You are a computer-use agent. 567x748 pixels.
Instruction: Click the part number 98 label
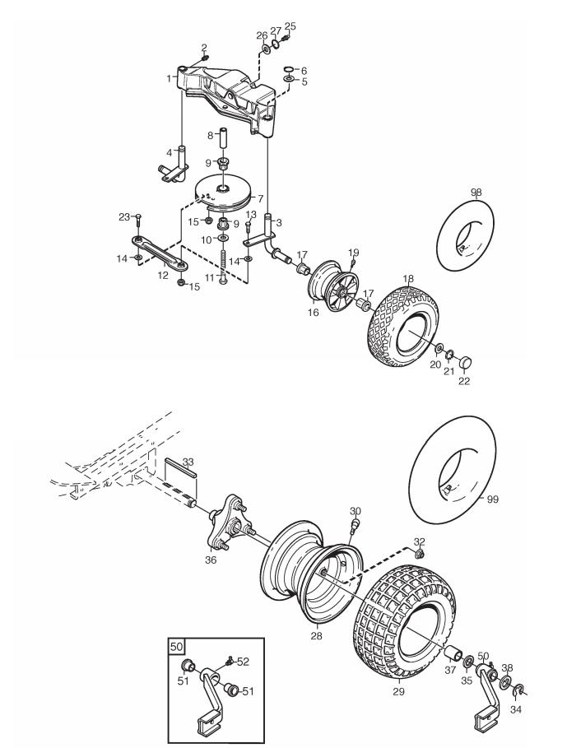(476, 193)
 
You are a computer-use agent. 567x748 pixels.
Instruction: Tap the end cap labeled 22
(466, 361)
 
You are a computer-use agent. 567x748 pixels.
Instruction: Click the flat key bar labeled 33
(180, 473)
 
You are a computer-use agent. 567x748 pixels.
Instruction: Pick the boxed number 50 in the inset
(176, 647)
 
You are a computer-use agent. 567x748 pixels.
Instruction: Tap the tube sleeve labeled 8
(224, 139)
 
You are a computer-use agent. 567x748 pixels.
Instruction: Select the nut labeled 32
(421, 554)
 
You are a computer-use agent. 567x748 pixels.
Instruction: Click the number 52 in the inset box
(243, 662)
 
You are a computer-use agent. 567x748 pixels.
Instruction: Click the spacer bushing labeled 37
(453, 653)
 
